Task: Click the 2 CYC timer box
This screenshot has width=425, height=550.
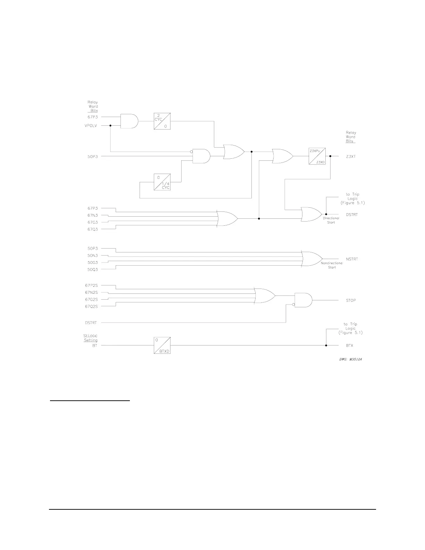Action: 162,121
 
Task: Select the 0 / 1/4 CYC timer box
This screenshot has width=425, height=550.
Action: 162,182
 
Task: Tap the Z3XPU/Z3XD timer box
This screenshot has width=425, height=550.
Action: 317,156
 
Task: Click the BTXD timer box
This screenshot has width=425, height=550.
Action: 162,345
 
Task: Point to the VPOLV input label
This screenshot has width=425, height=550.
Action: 91,126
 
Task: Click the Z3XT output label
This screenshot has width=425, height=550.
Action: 351,157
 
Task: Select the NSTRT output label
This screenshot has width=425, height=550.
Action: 352,259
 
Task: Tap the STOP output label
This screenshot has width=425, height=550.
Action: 351,300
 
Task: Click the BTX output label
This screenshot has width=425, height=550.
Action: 349,345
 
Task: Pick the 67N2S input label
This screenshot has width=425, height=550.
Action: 91,292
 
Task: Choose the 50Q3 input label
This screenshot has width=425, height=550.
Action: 92,269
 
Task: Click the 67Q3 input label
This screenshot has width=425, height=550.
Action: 92,229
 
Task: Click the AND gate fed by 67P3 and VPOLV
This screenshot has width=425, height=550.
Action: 129,121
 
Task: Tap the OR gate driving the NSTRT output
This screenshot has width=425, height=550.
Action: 311,259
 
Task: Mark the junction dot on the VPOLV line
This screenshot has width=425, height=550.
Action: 110,126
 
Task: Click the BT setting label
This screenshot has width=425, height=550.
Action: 94,345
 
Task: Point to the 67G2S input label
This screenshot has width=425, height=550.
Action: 91,299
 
